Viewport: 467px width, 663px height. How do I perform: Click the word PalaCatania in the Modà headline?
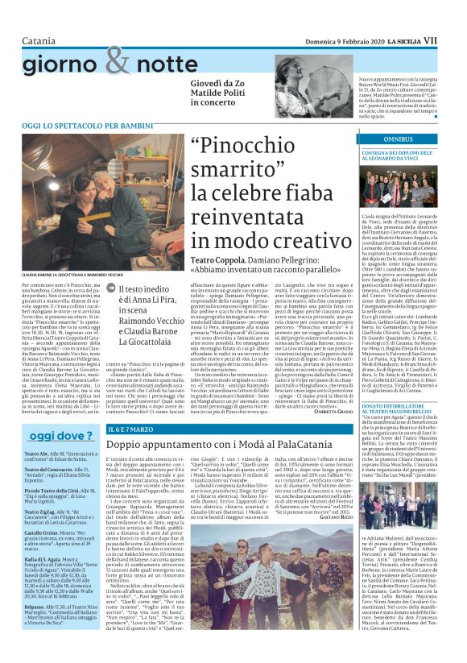[x=299, y=445]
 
